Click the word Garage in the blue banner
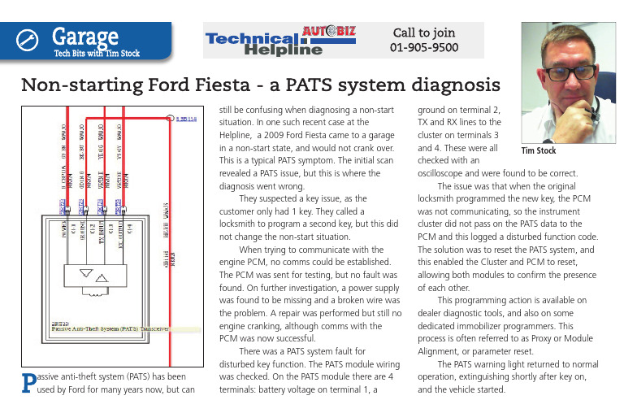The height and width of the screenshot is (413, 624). [85, 36]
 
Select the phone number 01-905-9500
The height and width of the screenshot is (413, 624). [424, 48]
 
